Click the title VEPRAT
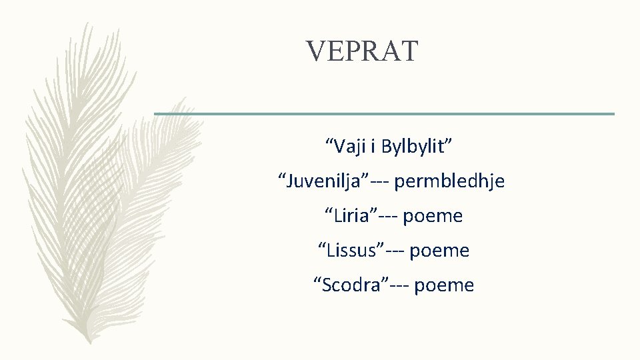[362, 51]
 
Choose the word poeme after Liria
[433, 216]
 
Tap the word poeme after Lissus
[439, 251]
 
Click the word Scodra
[350, 285]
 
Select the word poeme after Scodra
[444, 285]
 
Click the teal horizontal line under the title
[384, 114]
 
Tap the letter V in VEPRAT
[315, 51]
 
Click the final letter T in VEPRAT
[409, 51]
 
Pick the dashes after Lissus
[395, 251]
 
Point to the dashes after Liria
[389, 216]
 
